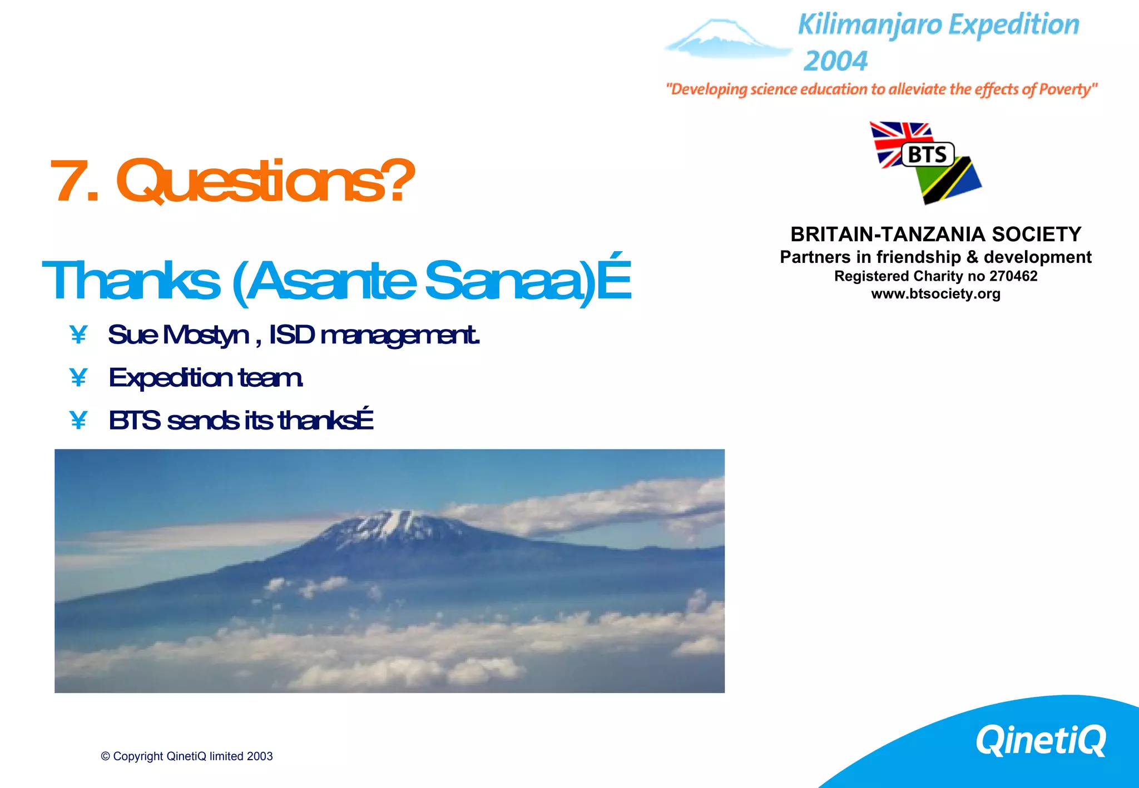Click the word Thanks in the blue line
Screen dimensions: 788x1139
[131, 281]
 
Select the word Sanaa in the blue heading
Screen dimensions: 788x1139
[503, 281]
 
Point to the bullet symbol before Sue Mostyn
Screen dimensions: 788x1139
[78, 335]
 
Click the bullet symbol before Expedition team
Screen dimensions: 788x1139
[78, 378]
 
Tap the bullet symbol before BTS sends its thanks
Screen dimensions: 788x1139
[78, 421]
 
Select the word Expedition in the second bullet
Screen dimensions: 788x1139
[170, 378]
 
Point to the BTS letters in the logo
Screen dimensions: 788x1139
[927, 154]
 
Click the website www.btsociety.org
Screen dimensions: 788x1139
[935, 294]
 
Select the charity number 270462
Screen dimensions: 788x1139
[1013, 276]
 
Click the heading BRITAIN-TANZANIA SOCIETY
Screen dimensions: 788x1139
[935, 235]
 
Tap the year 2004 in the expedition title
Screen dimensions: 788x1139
[835, 61]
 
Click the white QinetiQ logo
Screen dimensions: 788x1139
[1041, 740]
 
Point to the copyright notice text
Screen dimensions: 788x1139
[187, 756]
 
